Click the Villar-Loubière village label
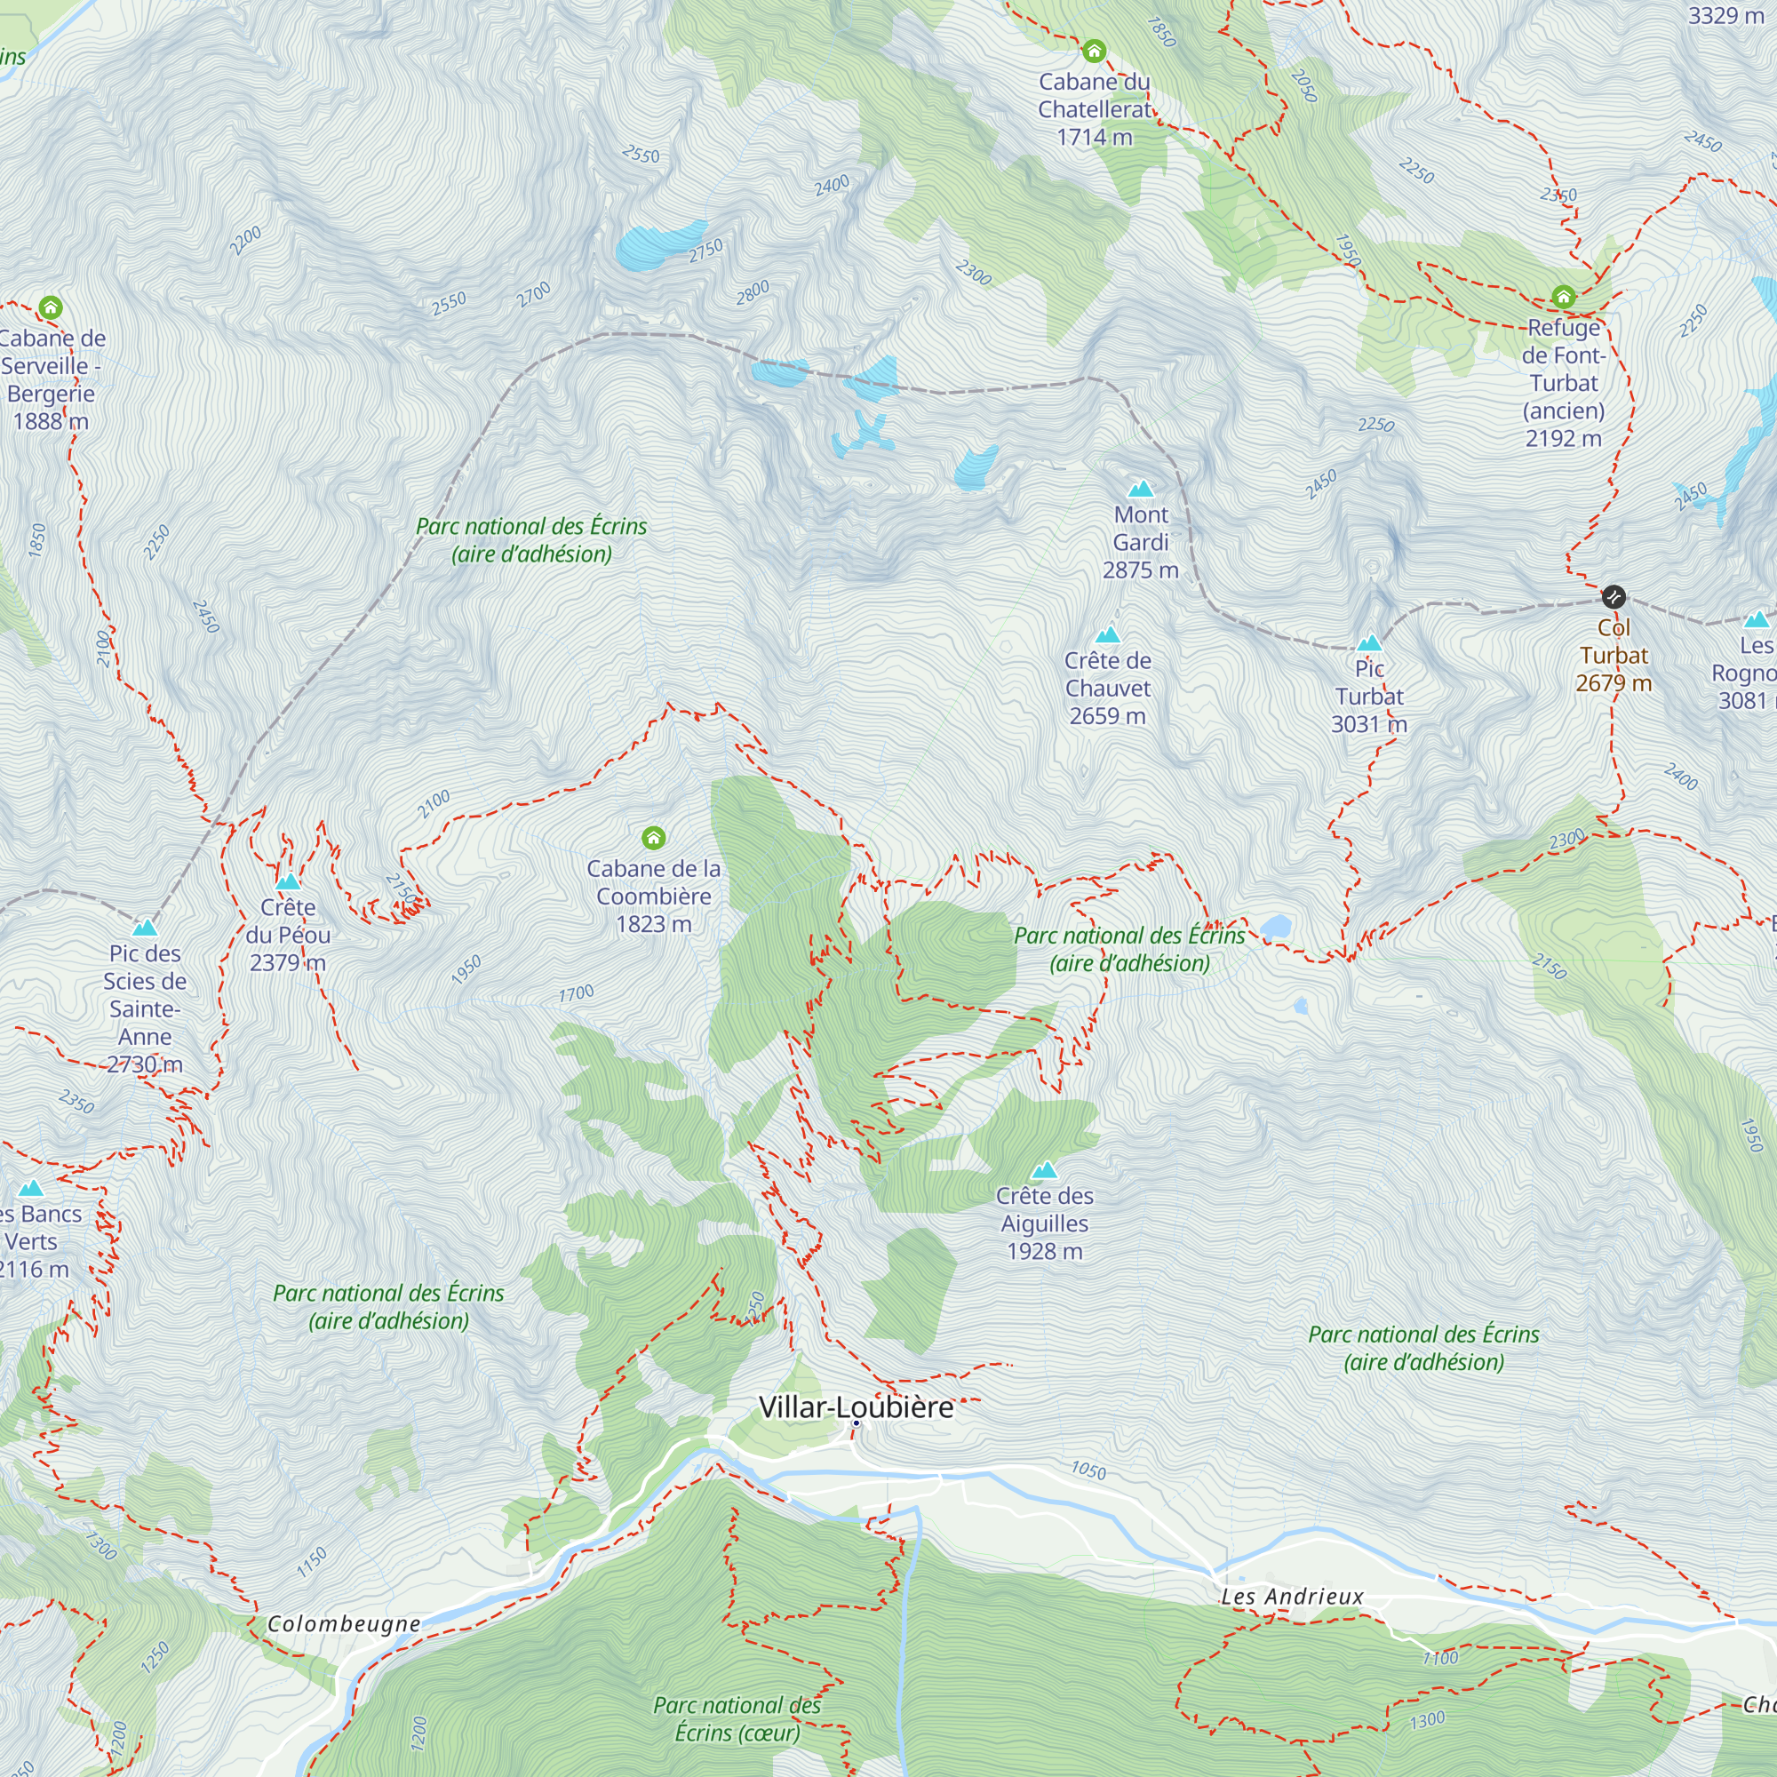(x=856, y=1407)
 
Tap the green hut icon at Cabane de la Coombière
(x=653, y=837)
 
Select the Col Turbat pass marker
(x=1614, y=597)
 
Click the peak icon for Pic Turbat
(x=1369, y=642)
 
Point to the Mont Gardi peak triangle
(x=1141, y=489)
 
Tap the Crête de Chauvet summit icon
(x=1107, y=634)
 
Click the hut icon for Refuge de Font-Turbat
(x=1564, y=296)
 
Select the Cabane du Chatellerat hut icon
(x=1094, y=51)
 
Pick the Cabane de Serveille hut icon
(x=51, y=307)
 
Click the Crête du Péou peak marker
(x=288, y=881)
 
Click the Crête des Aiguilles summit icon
(x=1044, y=1170)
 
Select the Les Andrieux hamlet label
(x=1292, y=1597)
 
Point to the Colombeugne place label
(x=344, y=1624)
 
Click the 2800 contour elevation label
(x=753, y=292)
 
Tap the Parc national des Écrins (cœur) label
(x=737, y=1719)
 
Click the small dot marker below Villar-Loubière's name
(x=856, y=1422)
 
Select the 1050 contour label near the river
(x=1088, y=1470)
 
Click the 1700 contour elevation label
(x=577, y=993)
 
